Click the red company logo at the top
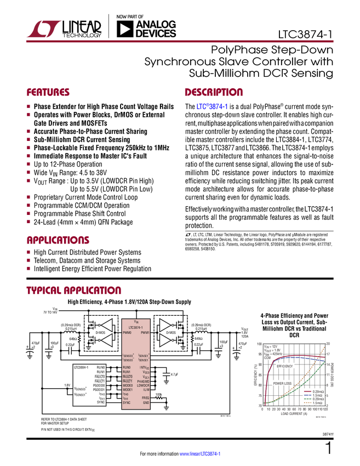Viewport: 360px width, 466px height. (43, 28)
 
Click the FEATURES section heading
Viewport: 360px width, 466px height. (48, 93)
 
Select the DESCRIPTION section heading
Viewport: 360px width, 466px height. (214, 93)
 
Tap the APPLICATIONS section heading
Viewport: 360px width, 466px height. (58, 240)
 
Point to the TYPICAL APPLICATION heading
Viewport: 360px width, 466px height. (74, 290)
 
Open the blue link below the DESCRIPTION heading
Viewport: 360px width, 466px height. (212, 106)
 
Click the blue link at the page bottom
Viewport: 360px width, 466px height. (199, 454)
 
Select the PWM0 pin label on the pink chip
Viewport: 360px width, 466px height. (128, 332)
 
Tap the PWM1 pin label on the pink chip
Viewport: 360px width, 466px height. (145, 332)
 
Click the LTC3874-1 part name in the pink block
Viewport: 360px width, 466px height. (136, 327)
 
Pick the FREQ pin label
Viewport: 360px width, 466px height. (145, 398)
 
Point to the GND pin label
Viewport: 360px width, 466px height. (146, 403)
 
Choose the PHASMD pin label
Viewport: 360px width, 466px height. (143, 382)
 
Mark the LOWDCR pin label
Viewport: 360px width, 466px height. (143, 386)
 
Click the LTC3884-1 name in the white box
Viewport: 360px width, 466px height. (82, 367)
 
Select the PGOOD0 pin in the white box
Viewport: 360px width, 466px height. (99, 385)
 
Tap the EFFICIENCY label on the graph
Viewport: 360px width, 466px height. (284, 366)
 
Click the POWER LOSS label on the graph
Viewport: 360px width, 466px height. (283, 383)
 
